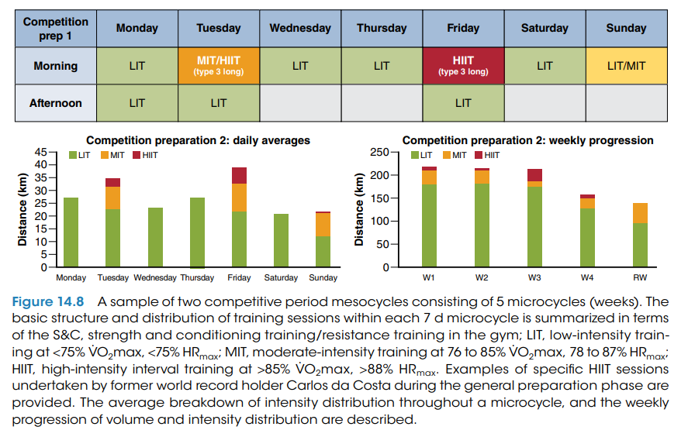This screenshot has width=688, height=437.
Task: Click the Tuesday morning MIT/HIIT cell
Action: tap(218, 66)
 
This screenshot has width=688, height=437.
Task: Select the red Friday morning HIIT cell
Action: tap(463, 66)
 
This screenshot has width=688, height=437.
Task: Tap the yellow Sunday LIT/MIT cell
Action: tap(626, 66)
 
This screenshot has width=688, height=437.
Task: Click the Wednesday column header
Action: tap(300, 28)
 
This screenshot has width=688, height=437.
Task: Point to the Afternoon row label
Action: tap(57, 103)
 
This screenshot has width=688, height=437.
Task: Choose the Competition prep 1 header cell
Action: tap(57, 28)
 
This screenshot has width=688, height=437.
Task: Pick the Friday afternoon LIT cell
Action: tap(463, 103)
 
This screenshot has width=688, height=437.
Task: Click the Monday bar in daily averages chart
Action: tap(71, 232)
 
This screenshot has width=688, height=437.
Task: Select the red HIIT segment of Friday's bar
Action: tap(239, 175)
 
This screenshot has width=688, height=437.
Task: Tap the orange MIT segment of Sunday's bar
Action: tap(323, 225)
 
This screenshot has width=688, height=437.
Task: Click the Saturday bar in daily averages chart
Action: tap(281, 241)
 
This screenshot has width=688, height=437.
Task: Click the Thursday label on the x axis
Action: tap(197, 277)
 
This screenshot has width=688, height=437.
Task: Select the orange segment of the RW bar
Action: tap(640, 213)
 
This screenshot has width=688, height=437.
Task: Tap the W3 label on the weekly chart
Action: tap(534, 277)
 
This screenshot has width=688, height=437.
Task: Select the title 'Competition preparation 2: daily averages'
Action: tap(198, 141)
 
